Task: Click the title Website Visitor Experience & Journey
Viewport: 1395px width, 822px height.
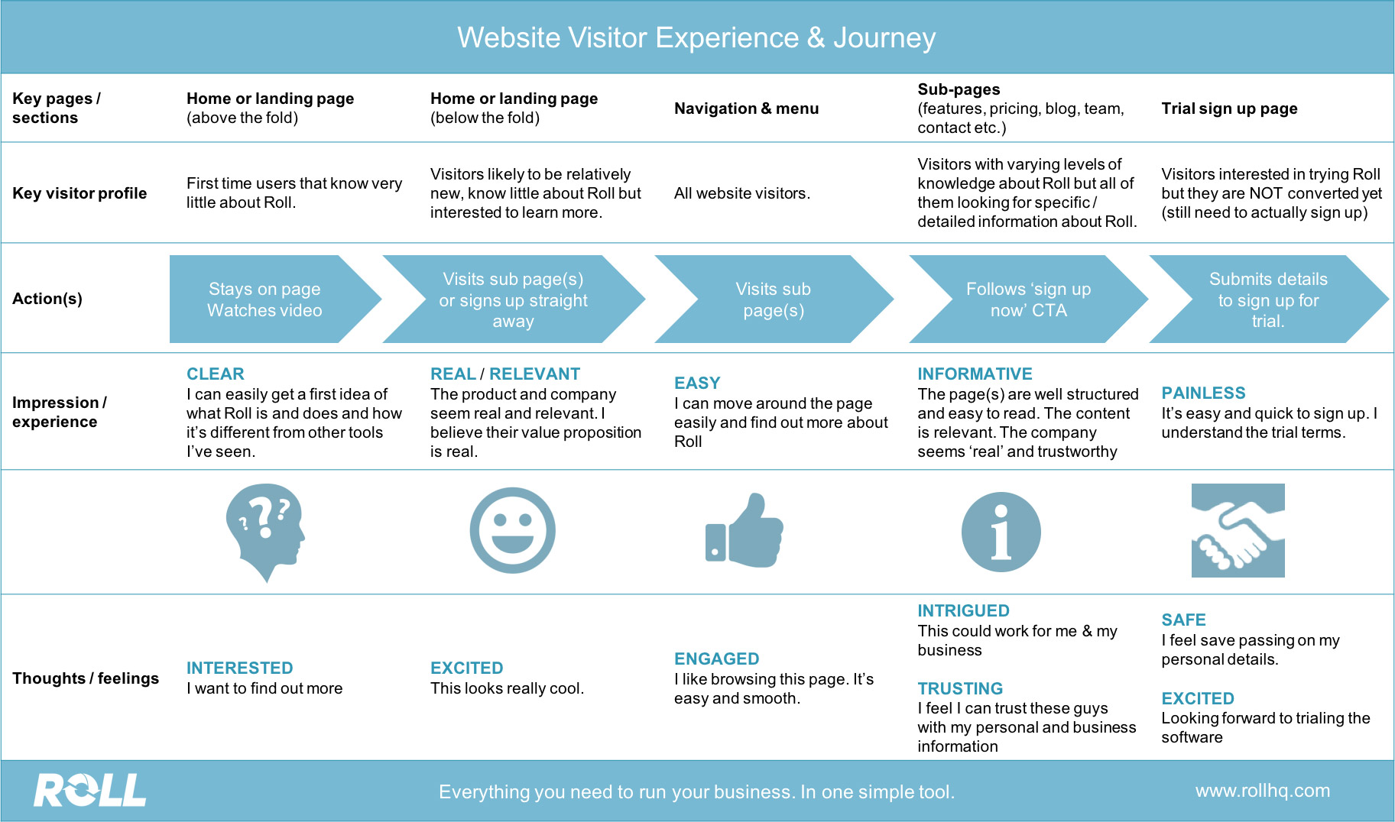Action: (x=696, y=38)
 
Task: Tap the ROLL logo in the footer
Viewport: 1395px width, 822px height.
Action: (x=89, y=791)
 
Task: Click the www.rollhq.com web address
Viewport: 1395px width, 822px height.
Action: (x=1262, y=791)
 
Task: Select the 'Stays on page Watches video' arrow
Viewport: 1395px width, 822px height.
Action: (x=264, y=299)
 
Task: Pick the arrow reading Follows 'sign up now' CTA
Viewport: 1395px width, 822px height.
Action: (x=1028, y=299)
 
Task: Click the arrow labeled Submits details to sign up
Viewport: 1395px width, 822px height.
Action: (x=1267, y=299)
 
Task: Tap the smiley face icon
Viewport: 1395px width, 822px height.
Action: (x=512, y=531)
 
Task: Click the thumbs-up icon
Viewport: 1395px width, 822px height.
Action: (x=745, y=531)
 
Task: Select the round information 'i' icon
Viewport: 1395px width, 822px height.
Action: (x=1001, y=532)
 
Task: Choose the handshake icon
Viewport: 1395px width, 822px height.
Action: (x=1238, y=531)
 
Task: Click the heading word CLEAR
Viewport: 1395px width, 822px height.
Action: (x=216, y=374)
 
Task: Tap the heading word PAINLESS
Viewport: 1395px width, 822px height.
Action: (x=1203, y=393)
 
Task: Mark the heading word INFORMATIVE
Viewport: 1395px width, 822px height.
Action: (x=975, y=374)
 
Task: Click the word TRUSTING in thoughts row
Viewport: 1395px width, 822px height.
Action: (x=960, y=689)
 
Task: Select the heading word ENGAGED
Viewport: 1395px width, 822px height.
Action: (x=716, y=659)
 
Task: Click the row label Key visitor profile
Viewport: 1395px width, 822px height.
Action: (x=79, y=193)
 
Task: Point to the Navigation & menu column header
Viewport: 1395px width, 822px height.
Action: (x=746, y=108)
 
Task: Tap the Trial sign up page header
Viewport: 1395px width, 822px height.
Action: (x=1229, y=108)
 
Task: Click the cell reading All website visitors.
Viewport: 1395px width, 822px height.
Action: (x=741, y=194)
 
